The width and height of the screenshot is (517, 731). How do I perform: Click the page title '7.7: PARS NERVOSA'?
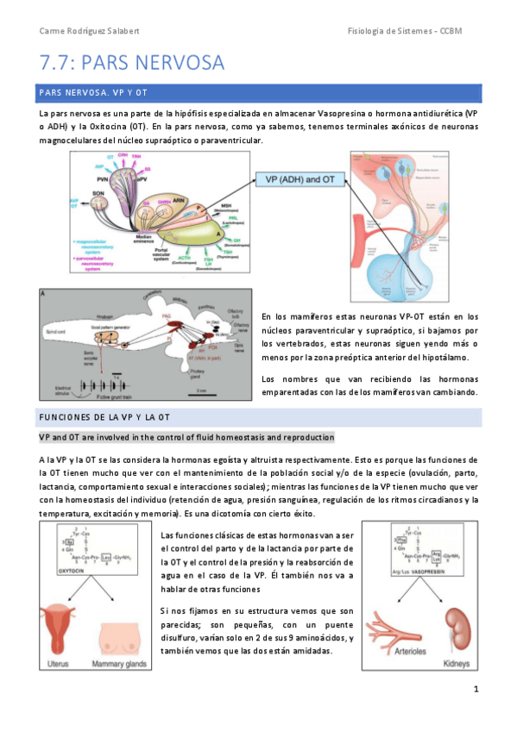tap(132, 63)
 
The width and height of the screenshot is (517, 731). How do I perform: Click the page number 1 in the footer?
tap(476, 690)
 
